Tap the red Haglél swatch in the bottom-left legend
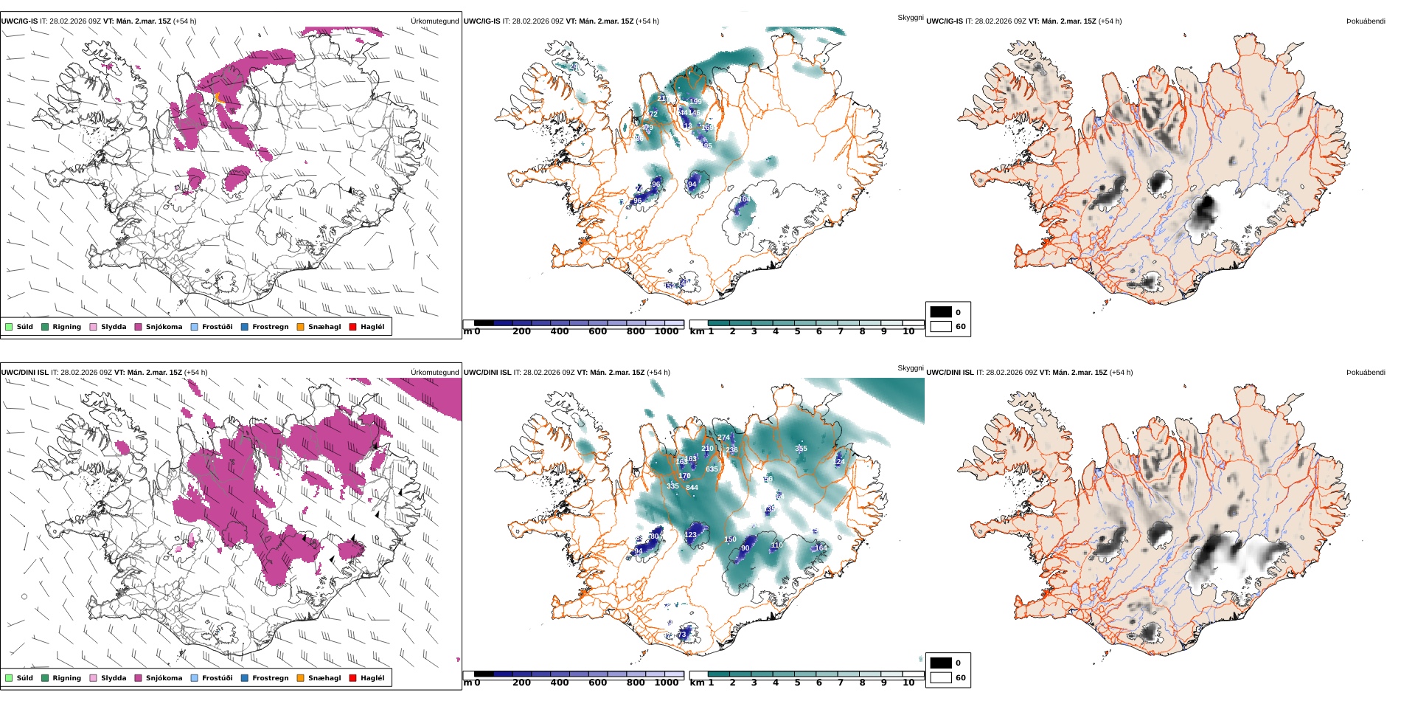click(x=353, y=678)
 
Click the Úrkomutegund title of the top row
click(x=434, y=21)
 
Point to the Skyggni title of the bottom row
click(x=910, y=367)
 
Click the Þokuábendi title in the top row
click(x=1366, y=21)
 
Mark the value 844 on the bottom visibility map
click(x=692, y=488)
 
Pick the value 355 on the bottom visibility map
click(x=801, y=449)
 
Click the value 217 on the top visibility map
click(x=662, y=98)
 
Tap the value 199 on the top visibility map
click(x=695, y=102)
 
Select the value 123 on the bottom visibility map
click(x=690, y=535)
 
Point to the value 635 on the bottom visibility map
click(x=712, y=469)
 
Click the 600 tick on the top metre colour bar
click(x=597, y=332)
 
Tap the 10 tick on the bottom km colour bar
click(x=908, y=683)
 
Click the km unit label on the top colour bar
click(x=696, y=332)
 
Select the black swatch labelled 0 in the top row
click(x=941, y=312)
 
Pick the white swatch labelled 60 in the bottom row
click(x=941, y=677)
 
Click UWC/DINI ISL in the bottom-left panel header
click(x=24, y=373)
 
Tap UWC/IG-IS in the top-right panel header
click(x=945, y=21)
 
